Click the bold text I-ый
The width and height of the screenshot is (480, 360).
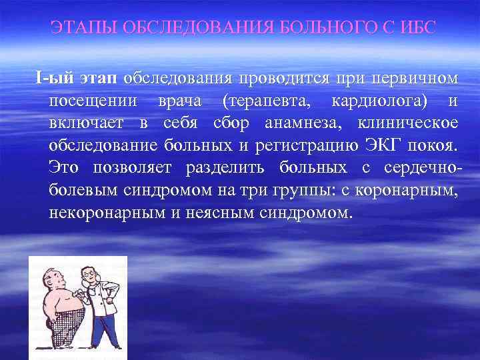pos(56,79)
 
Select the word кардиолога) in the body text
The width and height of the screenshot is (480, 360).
pos(377,101)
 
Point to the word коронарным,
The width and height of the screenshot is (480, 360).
pos(410,191)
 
